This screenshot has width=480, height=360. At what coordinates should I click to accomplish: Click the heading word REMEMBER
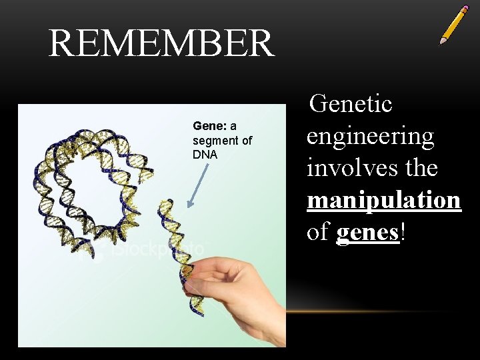[161, 43]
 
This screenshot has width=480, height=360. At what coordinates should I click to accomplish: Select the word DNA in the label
[205, 155]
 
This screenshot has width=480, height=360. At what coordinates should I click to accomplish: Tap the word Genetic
[351, 104]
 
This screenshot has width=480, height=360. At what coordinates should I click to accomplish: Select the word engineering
[370, 137]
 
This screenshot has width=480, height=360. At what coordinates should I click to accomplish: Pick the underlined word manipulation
[383, 200]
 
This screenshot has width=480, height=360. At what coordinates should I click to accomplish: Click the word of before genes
[318, 232]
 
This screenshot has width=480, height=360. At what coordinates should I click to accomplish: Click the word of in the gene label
[246, 141]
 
